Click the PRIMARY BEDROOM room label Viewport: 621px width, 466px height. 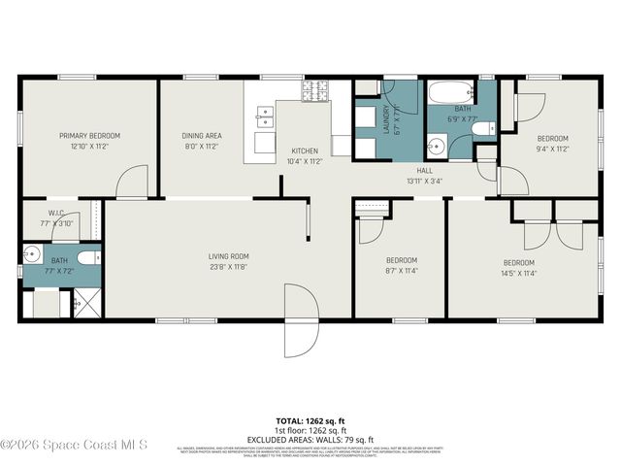point(89,136)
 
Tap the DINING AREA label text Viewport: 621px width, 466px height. point(202,136)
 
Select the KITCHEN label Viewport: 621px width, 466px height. point(305,151)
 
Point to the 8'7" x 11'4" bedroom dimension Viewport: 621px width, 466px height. point(401,270)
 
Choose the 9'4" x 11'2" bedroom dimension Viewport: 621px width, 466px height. point(552,149)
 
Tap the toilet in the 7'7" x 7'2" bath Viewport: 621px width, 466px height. point(87,258)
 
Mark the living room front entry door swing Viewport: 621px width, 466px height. point(299,321)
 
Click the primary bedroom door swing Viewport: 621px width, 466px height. point(132,183)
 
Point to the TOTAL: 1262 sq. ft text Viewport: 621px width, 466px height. point(310,421)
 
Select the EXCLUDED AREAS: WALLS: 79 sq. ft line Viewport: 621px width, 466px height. point(310,440)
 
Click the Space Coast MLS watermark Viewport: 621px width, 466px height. point(74,445)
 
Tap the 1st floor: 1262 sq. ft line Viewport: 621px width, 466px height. point(310,430)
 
